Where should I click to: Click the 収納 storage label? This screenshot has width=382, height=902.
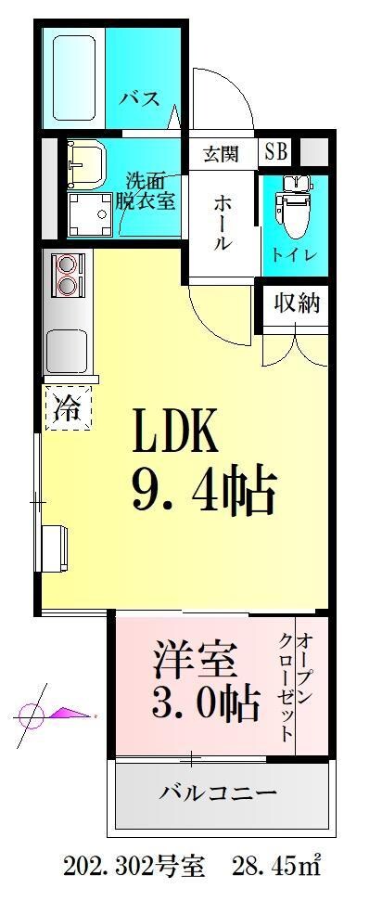[296, 303]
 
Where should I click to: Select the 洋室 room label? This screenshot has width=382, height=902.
[194, 664]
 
